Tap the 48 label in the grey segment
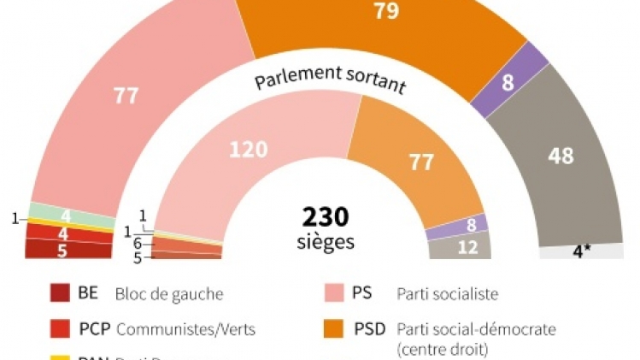561,156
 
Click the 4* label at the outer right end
582,252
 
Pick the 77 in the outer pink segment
126,96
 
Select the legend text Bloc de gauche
168,295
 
